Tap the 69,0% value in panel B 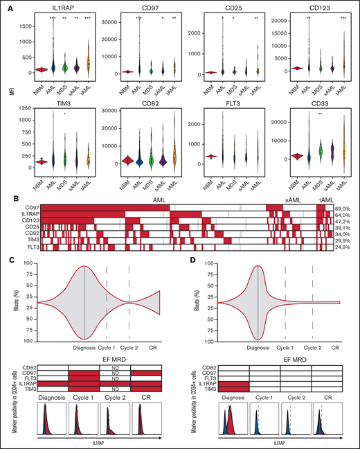click(x=342, y=208)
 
